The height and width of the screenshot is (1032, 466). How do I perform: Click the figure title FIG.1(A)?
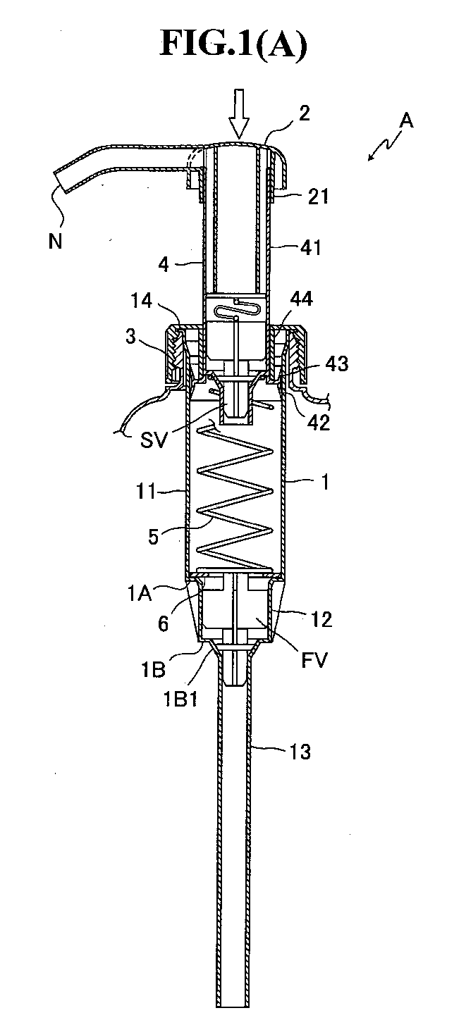[x=233, y=44]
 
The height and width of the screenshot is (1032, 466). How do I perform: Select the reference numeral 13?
[x=300, y=752]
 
